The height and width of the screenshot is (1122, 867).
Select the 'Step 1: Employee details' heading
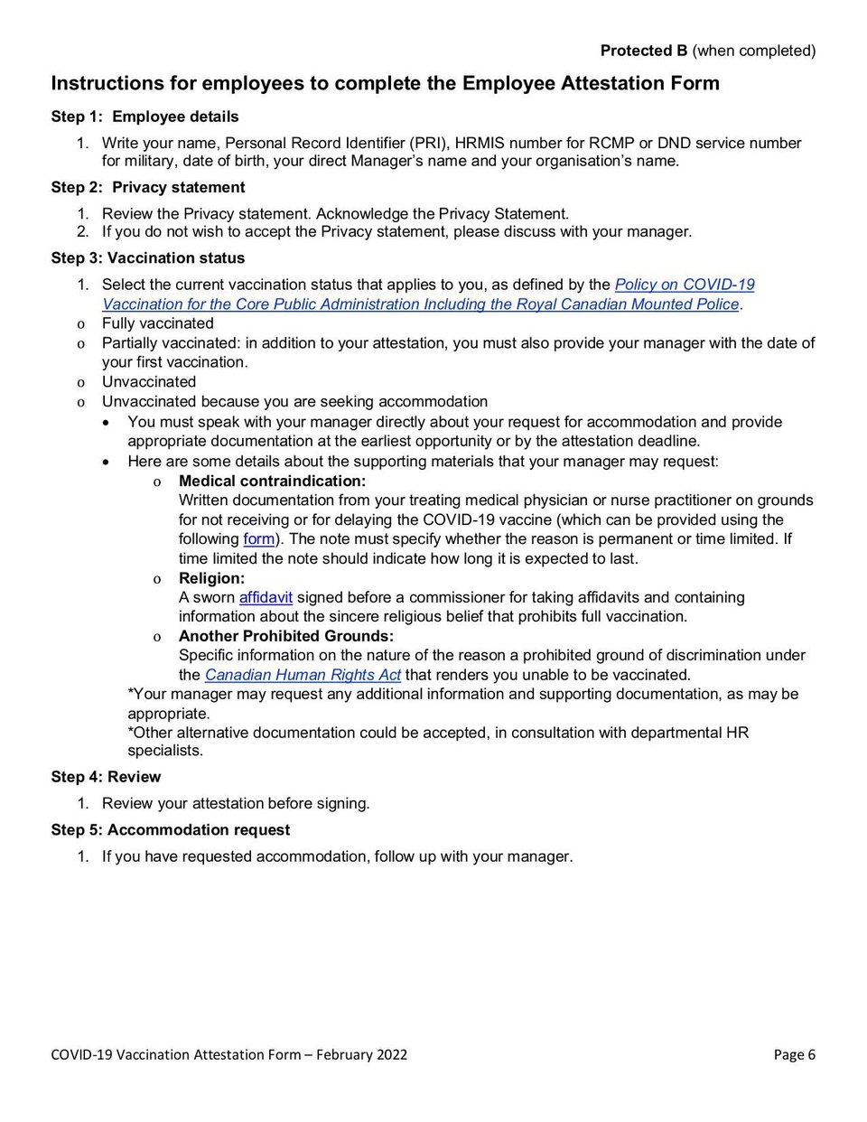(144, 117)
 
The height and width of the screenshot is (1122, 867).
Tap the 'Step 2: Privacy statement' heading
(148, 187)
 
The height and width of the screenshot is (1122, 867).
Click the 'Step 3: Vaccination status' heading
(147, 257)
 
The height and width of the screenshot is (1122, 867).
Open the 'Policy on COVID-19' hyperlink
(685, 285)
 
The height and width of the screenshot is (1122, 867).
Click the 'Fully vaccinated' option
(157, 323)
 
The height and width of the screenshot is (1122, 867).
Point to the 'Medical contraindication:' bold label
(272, 481)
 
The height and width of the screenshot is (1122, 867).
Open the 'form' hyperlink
(259, 539)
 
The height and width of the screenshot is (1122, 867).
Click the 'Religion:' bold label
(211, 578)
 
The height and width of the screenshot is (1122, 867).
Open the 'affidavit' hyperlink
(266, 597)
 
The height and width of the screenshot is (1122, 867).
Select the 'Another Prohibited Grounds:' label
(285, 636)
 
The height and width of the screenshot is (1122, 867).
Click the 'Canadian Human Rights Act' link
(303, 675)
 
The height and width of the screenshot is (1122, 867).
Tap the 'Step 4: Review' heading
(106, 777)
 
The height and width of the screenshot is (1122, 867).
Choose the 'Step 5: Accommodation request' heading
(171, 829)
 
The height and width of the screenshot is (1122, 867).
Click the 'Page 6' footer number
(794, 1054)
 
